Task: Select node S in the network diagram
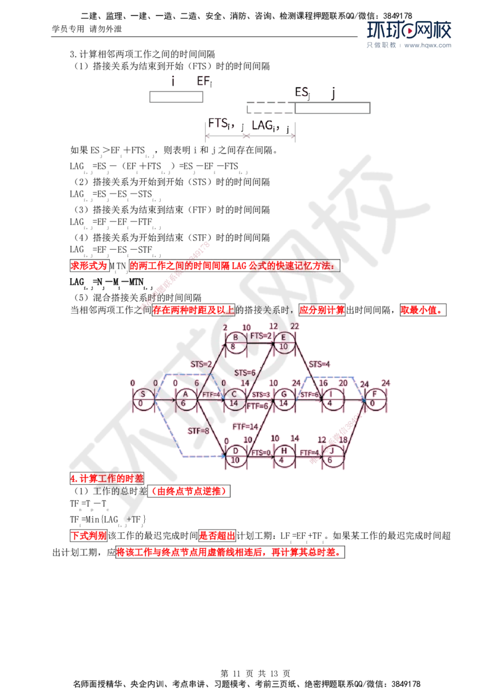tap(143, 398)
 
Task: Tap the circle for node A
tap(184, 398)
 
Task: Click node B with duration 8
tap(235, 342)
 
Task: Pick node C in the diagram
tap(234, 398)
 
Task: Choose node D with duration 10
tap(234, 454)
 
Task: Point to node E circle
tap(283, 342)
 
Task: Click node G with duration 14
tap(284, 398)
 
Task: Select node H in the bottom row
tap(283, 454)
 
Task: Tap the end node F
tap(375, 398)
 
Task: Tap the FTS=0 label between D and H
tap(261, 453)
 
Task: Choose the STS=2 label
tap(201, 364)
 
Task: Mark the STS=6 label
tap(245, 372)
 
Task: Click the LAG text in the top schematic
tap(265, 125)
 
